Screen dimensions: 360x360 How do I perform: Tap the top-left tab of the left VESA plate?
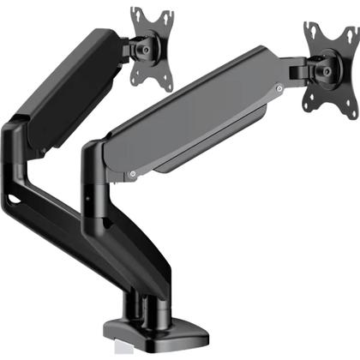(135, 13)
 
